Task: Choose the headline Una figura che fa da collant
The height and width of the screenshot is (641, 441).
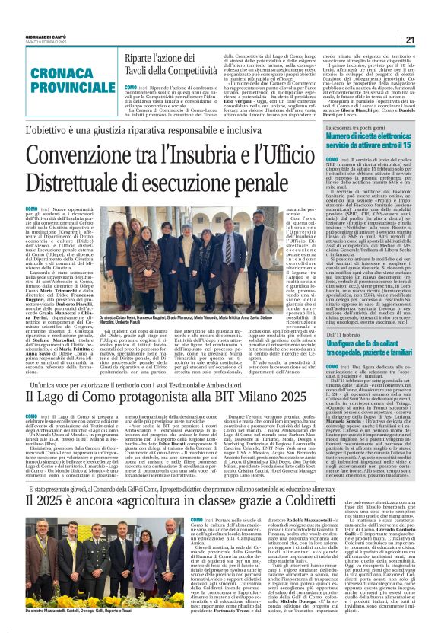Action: point(368,349)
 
